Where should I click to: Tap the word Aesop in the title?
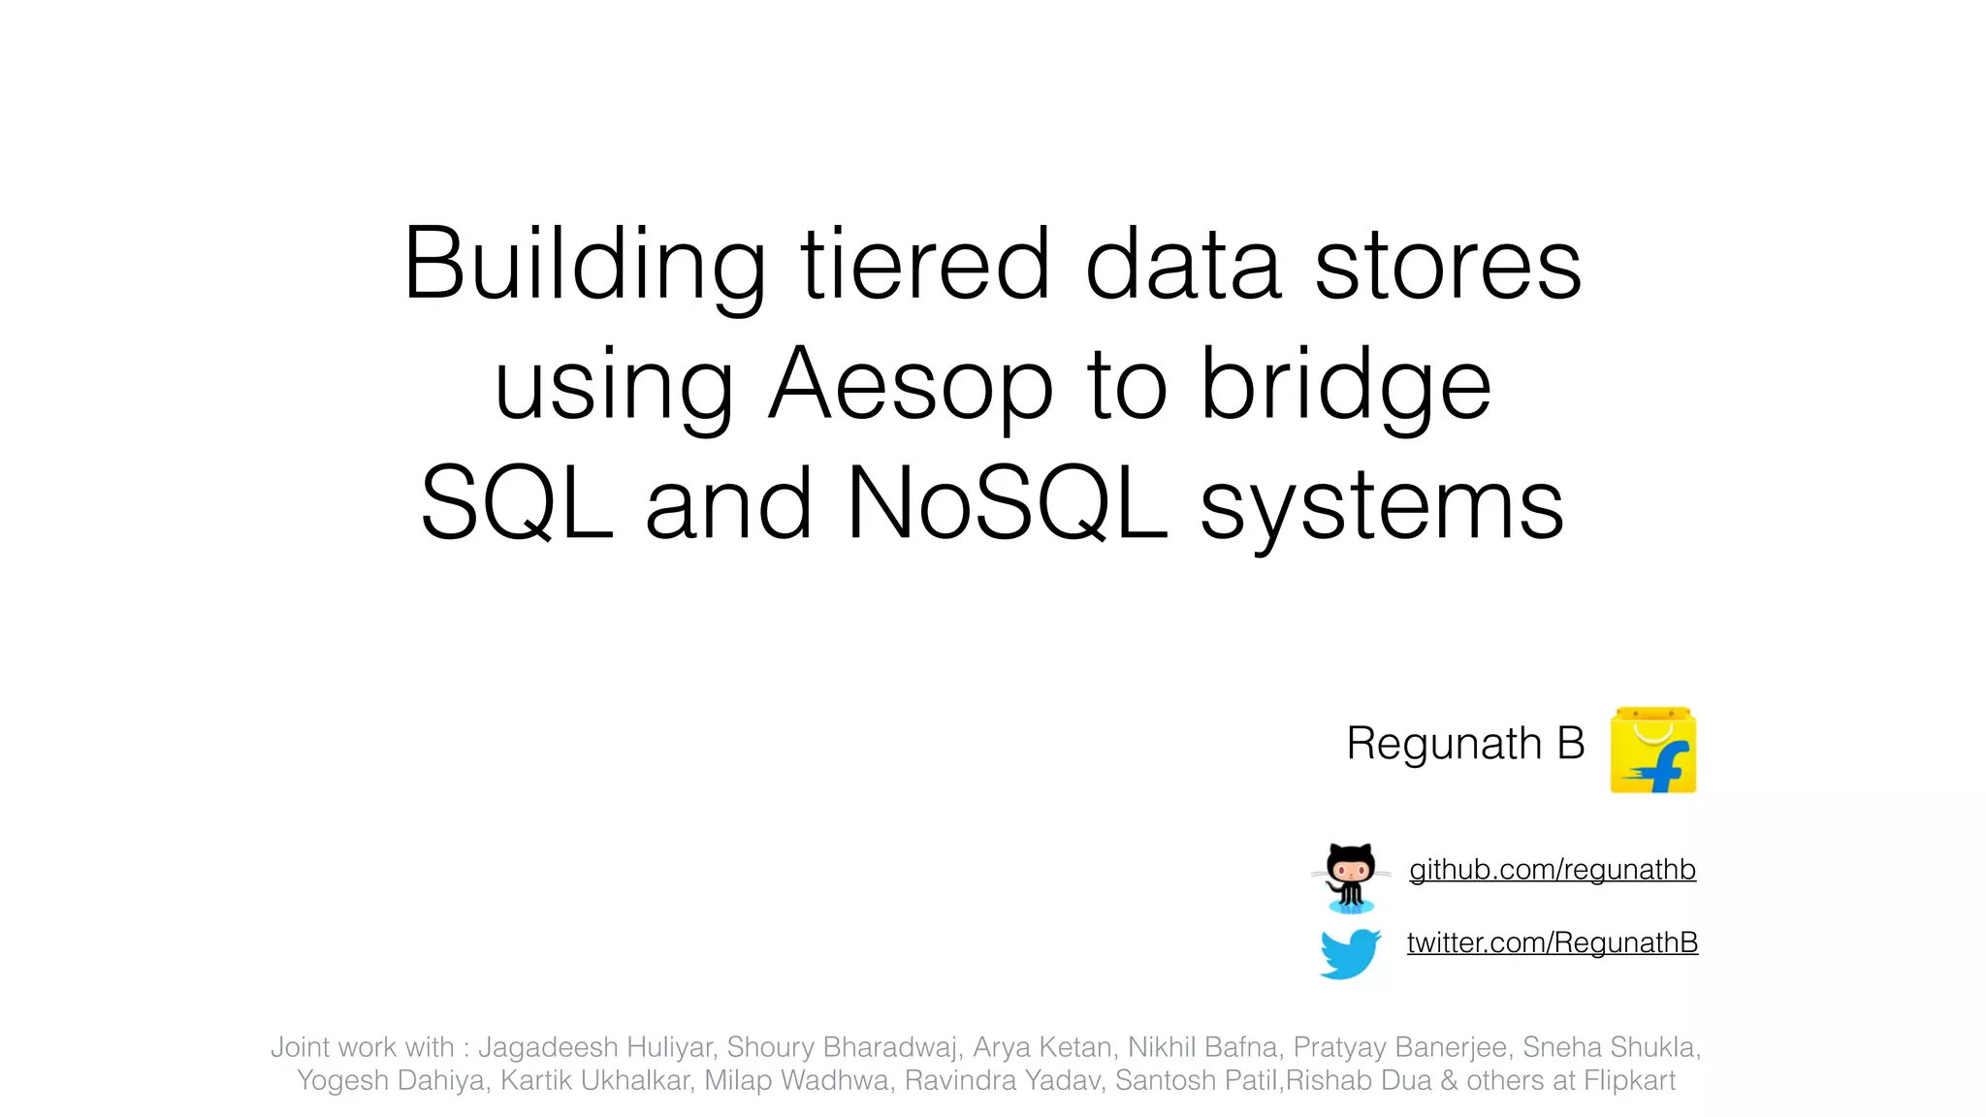click(x=910, y=385)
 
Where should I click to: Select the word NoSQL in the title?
click(x=1007, y=503)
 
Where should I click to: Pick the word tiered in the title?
click(x=924, y=264)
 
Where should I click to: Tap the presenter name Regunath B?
click(x=1465, y=744)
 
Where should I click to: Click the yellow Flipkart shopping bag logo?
click(x=1653, y=750)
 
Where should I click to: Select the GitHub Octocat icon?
click(x=1350, y=876)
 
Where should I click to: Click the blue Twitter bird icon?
click(x=1350, y=952)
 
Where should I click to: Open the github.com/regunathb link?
click(x=1552, y=870)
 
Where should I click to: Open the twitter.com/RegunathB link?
click(x=1552, y=942)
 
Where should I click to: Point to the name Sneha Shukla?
click(x=1610, y=1047)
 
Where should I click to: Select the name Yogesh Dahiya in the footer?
click(x=391, y=1080)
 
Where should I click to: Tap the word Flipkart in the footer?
click(x=1629, y=1080)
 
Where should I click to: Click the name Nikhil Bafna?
click(x=1201, y=1047)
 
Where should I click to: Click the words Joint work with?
click(x=362, y=1047)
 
